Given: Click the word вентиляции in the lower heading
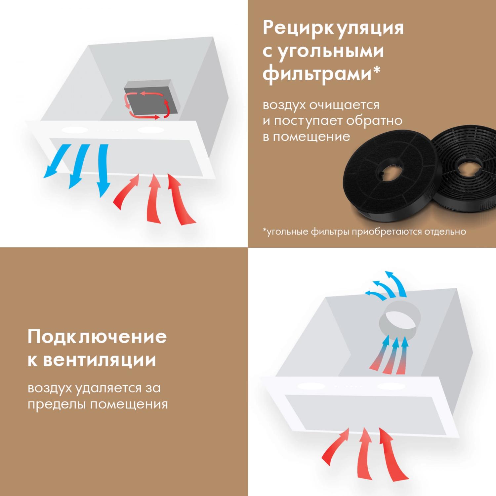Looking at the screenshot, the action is pos(100,360).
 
